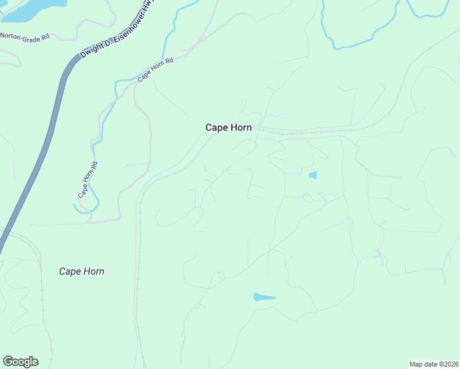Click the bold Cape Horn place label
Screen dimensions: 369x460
click(228, 127)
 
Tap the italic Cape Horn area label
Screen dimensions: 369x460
click(81, 271)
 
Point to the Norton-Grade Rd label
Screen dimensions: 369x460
click(24, 36)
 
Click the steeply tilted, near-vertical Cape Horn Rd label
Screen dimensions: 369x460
click(87, 179)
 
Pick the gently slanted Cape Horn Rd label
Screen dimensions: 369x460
click(156, 69)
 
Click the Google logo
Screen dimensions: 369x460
click(20, 362)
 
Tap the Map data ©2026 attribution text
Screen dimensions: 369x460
click(434, 363)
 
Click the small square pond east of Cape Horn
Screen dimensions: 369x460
click(312, 175)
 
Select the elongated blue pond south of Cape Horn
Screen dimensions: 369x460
click(264, 298)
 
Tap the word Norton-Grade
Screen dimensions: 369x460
click(18, 36)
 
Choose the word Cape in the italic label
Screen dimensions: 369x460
click(69, 271)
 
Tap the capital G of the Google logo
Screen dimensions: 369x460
click(8, 362)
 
